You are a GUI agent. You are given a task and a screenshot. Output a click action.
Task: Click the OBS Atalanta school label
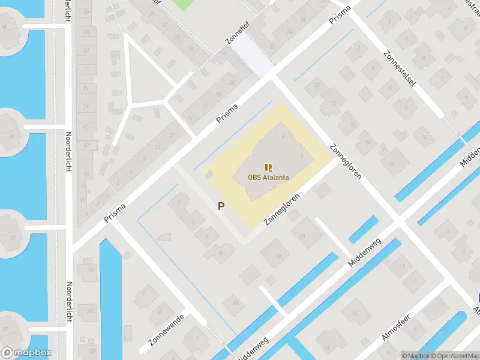point(268,177)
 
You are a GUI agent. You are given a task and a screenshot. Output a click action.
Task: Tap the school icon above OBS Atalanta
point(268,167)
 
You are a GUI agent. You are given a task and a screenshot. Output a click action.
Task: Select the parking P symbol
point(221,206)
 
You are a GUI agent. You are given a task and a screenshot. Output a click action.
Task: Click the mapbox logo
point(26,353)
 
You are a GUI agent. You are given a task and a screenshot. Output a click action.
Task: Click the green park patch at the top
point(188,4)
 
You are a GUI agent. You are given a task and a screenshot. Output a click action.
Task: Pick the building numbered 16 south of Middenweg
point(355,314)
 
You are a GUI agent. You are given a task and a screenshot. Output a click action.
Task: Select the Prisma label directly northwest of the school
point(228,115)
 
